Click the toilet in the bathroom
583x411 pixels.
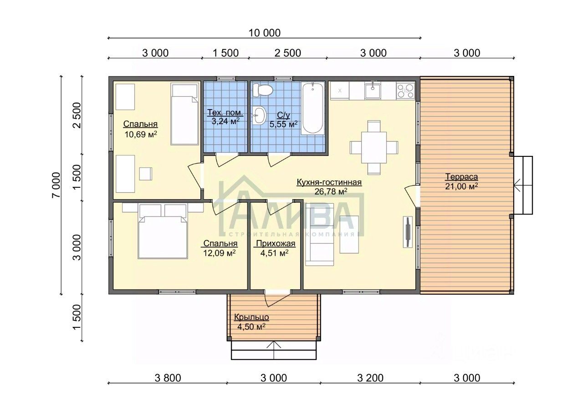click(263, 90)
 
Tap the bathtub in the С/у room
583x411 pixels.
click(312, 108)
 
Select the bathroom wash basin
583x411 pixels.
click(260, 115)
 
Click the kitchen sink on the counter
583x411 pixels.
click(373, 90)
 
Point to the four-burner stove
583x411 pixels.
click(405, 90)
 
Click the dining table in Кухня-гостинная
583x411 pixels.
click(374, 147)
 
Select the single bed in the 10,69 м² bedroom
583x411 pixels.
click(185, 114)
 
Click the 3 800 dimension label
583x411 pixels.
click(168, 378)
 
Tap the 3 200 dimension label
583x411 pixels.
click(370, 378)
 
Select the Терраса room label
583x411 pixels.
click(461, 177)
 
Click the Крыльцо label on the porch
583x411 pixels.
click(251, 317)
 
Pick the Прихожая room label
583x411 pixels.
click(276, 243)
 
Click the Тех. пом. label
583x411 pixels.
click(225, 112)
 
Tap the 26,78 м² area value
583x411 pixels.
click(331, 191)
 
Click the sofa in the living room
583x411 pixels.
click(320, 234)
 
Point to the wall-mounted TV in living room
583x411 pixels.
click(408, 231)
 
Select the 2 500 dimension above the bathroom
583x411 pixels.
click(287, 53)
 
